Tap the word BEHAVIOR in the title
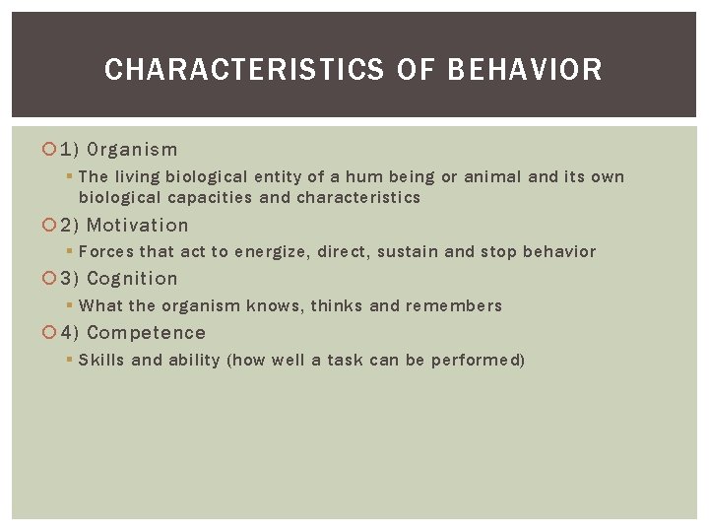click(524, 70)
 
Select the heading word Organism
click(133, 150)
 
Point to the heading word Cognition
click(132, 279)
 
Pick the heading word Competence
click(146, 333)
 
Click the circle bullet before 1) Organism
click(50, 150)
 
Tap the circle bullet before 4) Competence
click(50, 333)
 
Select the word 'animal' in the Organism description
click(495, 177)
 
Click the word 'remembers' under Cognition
click(459, 305)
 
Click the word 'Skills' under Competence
click(101, 360)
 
